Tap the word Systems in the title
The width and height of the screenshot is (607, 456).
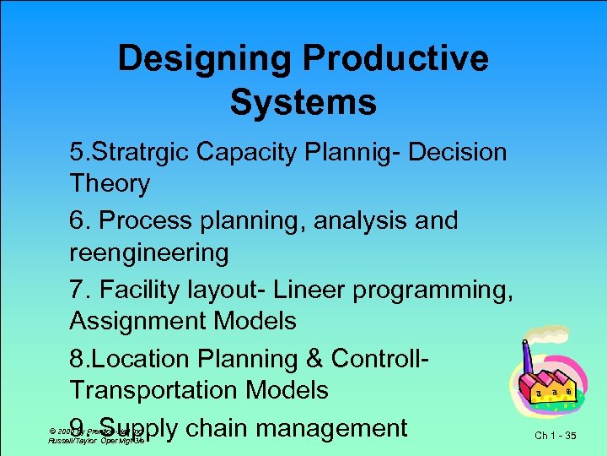pyautogui.click(x=303, y=103)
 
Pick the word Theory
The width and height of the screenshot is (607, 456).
pyautogui.click(x=110, y=183)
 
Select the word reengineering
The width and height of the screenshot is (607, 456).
pyautogui.click(x=149, y=252)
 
